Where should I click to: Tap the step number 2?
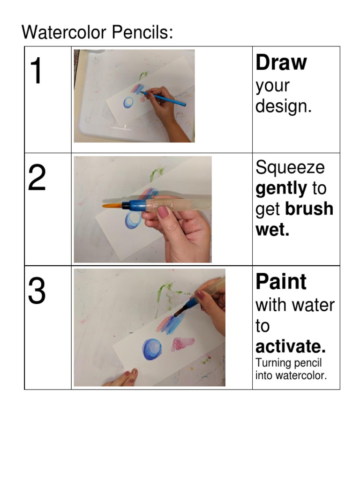(x=37, y=179)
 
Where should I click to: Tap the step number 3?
(x=37, y=292)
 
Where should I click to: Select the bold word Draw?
(x=281, y=63)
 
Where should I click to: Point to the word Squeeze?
(x=290, y=168)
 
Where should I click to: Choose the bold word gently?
(x=281, y=189)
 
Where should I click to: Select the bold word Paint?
(x=281, y=282)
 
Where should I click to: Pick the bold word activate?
(x=290, y=347)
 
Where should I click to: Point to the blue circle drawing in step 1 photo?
(x=128, y=103)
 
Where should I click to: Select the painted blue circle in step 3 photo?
(x=152, y=349)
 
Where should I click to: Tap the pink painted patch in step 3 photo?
(x=182, y=345)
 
